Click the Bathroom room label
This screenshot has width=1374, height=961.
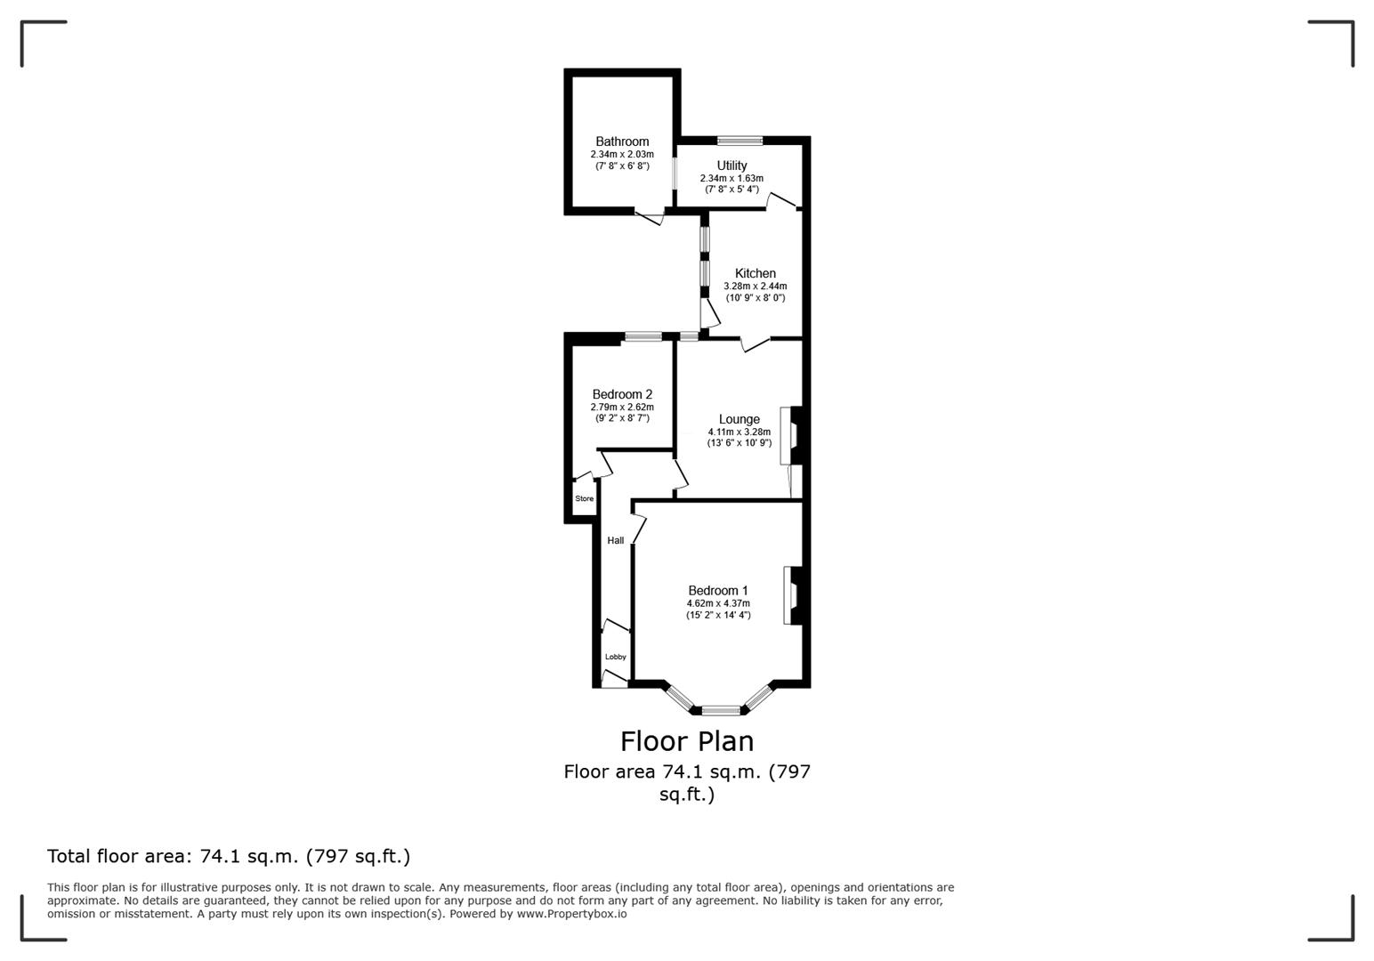(x=622, y=141)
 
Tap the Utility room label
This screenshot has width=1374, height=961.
(x=731, y=166)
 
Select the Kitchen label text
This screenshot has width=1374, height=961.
(x=755, y=273)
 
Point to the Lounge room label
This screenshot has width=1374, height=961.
(x=739, y=419)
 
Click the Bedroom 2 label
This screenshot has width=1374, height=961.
(x=622, y=394)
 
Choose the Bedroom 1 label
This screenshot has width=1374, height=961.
(x=717, y=590)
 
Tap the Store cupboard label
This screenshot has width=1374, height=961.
(x=584, y=498)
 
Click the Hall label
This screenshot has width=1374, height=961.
(x=615, y=540)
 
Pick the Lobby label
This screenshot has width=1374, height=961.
(x=615, y=657)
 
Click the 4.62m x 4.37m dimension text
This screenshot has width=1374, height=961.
(x=717, y=603)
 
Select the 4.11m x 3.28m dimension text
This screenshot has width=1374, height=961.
(x=739, y=432)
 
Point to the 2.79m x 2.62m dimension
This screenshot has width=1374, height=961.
(x=622, y=407)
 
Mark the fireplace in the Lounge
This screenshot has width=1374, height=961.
(x=790, y=435)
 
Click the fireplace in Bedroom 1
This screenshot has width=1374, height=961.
(x=792, y=595)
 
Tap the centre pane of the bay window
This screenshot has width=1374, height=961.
(x=720, y=710)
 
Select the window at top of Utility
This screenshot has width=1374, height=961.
(x=740, y=140)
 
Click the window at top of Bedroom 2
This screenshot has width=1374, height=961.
(x=643, y=336)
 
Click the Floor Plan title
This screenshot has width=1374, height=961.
(x=686, y=741)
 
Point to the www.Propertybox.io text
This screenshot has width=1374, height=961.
(x=571, y=914)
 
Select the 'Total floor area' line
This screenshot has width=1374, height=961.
(x=229, y=856)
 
